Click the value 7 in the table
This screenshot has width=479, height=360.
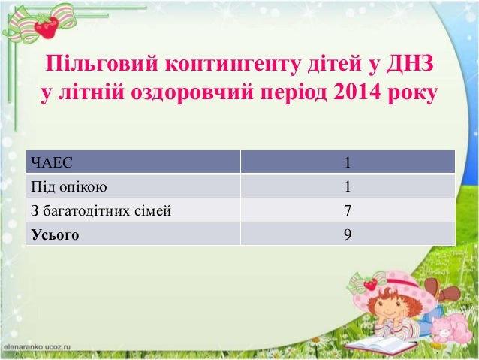(x=347, y=210)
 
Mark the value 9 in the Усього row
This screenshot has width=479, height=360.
(x=347, y=234)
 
